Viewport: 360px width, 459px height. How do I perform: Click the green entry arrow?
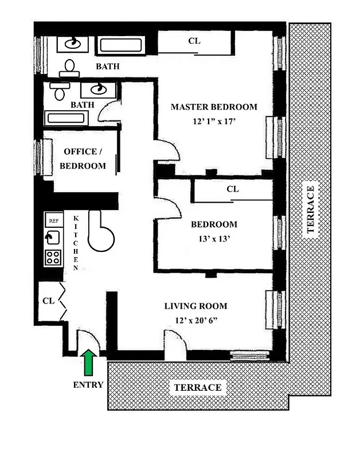(x=88, y=363)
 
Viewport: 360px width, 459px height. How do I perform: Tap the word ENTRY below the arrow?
(x=88, y=385)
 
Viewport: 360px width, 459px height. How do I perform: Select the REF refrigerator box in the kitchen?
(x=53, y=220)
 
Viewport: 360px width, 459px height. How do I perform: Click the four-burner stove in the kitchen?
(x=53, y=257)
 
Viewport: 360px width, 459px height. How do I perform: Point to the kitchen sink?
(x=53, y=238)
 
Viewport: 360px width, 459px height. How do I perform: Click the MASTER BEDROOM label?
(x=214, y=107)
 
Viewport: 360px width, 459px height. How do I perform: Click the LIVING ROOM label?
(x=195, y=306)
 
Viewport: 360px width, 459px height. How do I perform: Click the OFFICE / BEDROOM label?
(x=84, y=158)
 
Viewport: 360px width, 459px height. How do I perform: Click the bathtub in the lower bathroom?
(x=66, y=119)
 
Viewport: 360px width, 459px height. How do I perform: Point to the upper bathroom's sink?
(x=73, y=44)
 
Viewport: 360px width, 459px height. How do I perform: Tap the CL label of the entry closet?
(x=48, y=300)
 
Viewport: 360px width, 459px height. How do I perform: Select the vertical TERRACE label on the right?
(x=310, y=209)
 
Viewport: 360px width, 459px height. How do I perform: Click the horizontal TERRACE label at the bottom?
(x=197, y=388)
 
